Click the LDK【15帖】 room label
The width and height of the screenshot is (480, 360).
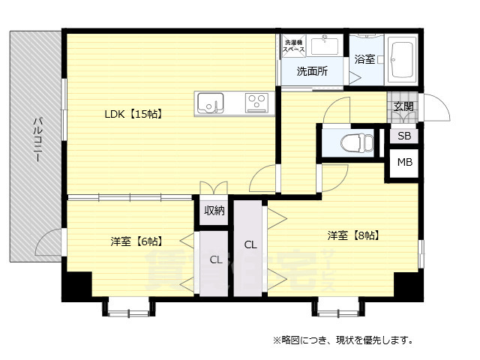[x=133, y=115]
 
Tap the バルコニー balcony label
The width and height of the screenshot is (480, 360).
[x=36, y=142]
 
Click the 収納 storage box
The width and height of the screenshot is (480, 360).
[x=214, y=211]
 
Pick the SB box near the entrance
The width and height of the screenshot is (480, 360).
[x=404, y=136]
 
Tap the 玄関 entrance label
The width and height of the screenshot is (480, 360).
[x=403, y=106]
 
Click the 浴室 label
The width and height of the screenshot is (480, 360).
[x=364, y=58]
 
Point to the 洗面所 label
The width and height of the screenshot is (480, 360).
[x=311, y=72]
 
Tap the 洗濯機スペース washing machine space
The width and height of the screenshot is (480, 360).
[x=293, y=45]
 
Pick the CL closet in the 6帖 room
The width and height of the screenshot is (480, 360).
[x=215, y=261]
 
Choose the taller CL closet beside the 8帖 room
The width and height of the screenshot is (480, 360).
[x=250, y=245]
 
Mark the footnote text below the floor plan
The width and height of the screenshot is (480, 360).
[x=343, y=340]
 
